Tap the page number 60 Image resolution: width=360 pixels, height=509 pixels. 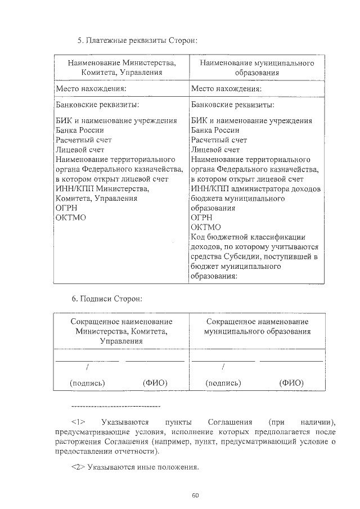pos(195,496)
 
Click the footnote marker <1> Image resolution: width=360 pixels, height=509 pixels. pos(78,421)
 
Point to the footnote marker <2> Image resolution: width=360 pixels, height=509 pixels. pos(78,467)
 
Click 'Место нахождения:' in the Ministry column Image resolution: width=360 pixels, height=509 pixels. pos(90,89)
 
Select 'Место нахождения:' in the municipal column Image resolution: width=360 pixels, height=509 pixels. pos(226,89)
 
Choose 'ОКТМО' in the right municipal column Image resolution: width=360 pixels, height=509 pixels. pos(206,227)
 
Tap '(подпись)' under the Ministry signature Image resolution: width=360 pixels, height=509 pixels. pos(87,382)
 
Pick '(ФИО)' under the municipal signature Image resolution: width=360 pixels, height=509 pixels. pos(291,382)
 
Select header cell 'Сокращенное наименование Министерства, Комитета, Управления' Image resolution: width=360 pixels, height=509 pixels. pos(121,331)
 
